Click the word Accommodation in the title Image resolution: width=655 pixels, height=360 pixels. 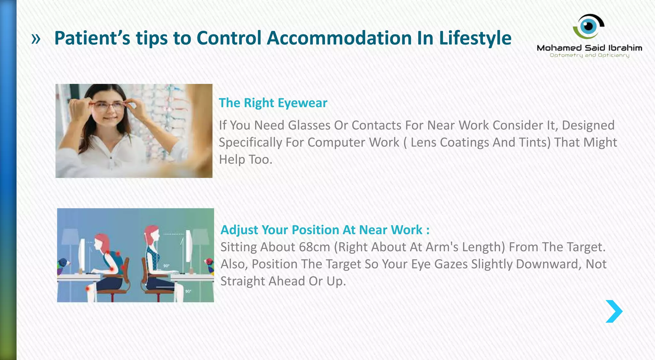coord(339,38)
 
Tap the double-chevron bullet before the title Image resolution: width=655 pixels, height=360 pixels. coord(36,39)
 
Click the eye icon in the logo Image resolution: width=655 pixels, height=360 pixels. coord(588,26)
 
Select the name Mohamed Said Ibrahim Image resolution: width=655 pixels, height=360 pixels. coord(589,48)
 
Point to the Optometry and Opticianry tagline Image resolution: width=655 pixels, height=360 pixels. coord(589,55)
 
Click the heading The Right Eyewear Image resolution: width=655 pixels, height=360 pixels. coord(273,103)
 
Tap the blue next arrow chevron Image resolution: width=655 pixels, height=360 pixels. coord(614,311)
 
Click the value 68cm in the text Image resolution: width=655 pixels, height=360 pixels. coord(314,247)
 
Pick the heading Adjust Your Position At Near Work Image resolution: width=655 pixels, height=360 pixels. coord(325,230)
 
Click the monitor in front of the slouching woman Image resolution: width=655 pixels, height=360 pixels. coord(82,256)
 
